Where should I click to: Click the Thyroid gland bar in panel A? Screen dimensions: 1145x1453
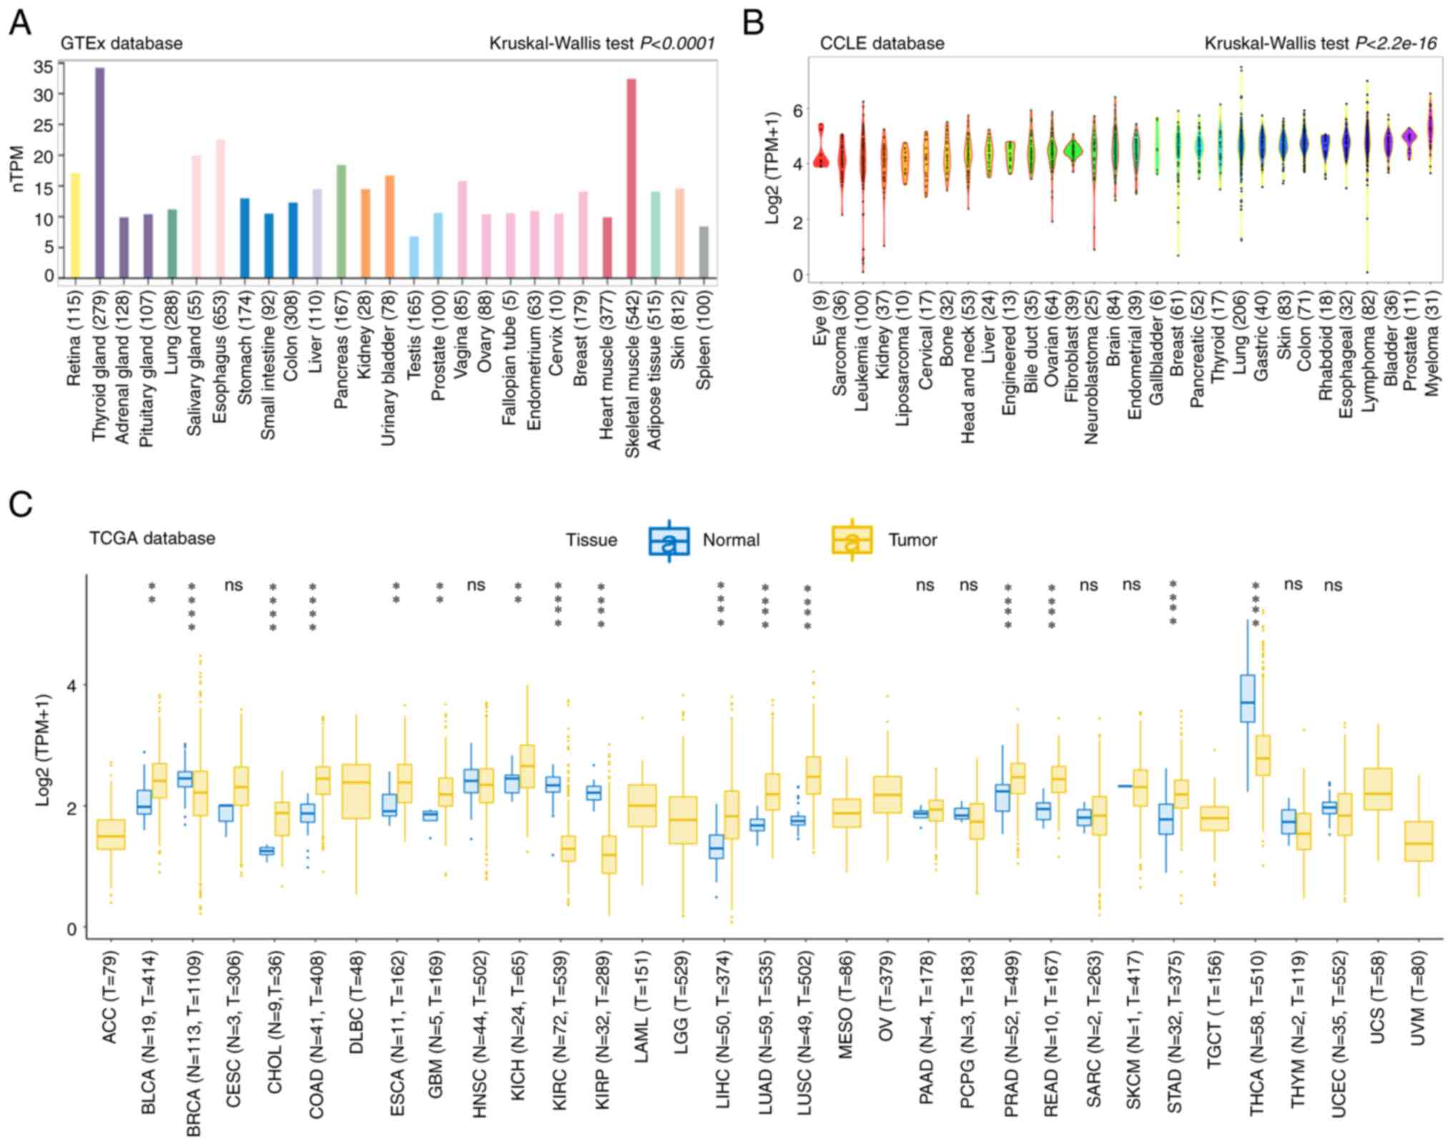[x=99, y=172]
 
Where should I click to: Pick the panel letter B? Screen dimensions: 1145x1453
[x=753, y=23]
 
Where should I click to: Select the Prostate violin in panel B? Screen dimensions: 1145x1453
[x=1409, y=136]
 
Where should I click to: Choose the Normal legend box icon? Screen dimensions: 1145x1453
[x=669, y=541]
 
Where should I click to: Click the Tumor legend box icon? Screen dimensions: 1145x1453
[x=852, y=541]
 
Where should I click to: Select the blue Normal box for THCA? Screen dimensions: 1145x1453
[x=1247, y=698]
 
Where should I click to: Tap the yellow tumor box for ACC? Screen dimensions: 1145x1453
[x=111, y=835]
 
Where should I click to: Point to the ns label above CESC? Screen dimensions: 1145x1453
[x=233, y=586]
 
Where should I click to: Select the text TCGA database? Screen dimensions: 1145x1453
[x=152, y=538]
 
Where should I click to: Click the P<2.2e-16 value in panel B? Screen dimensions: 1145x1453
[x=1396, y=44]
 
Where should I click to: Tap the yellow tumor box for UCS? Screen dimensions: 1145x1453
[x=1377, y=790]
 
